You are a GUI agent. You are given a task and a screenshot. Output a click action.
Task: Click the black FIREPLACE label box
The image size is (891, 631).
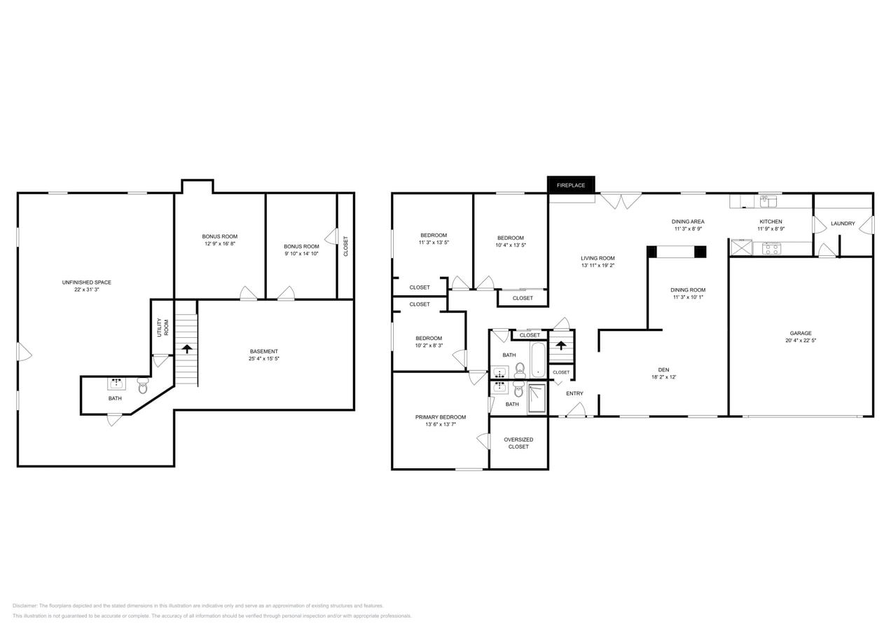571,185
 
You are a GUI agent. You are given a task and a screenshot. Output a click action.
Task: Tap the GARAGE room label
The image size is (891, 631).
801,333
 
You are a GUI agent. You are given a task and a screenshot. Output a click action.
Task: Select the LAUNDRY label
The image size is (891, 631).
843,224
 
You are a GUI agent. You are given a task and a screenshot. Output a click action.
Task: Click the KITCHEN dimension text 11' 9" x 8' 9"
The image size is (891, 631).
771,229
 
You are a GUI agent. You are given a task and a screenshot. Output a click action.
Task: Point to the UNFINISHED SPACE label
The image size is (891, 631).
86,283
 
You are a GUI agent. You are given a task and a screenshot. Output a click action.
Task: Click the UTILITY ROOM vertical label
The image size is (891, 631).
163,327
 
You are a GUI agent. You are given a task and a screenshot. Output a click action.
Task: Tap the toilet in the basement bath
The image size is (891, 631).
143,386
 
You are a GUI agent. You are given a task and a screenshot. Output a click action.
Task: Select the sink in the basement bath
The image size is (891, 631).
116,384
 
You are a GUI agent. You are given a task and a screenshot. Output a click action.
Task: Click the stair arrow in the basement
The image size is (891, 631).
186,348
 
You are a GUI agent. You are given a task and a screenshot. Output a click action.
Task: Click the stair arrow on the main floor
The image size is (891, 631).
561,345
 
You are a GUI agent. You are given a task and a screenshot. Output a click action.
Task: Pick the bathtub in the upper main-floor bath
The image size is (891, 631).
537,360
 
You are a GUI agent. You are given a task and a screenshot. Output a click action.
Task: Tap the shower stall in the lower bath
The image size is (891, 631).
537,398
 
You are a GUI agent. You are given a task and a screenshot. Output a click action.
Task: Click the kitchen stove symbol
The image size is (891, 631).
771,248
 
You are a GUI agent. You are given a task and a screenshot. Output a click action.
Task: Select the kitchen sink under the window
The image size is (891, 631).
768,202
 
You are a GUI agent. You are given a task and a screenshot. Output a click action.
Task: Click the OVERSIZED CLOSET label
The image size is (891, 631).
518,443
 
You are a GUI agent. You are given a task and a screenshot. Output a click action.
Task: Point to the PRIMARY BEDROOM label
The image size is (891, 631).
440,417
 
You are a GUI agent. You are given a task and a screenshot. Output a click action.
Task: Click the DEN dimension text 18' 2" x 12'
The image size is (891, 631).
663,377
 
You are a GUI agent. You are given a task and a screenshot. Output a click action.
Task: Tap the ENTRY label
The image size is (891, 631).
574,393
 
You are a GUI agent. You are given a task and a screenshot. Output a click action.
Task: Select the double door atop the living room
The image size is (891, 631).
621,201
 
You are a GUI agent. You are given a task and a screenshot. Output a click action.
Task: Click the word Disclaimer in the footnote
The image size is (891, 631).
25,606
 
